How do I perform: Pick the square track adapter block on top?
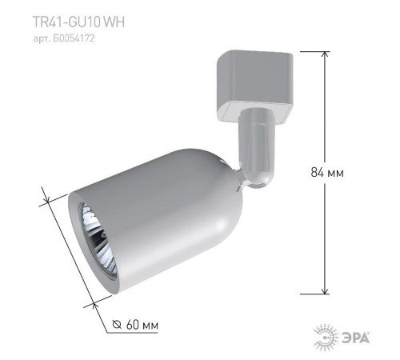[245, 81]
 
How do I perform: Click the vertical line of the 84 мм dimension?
[326, 120]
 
